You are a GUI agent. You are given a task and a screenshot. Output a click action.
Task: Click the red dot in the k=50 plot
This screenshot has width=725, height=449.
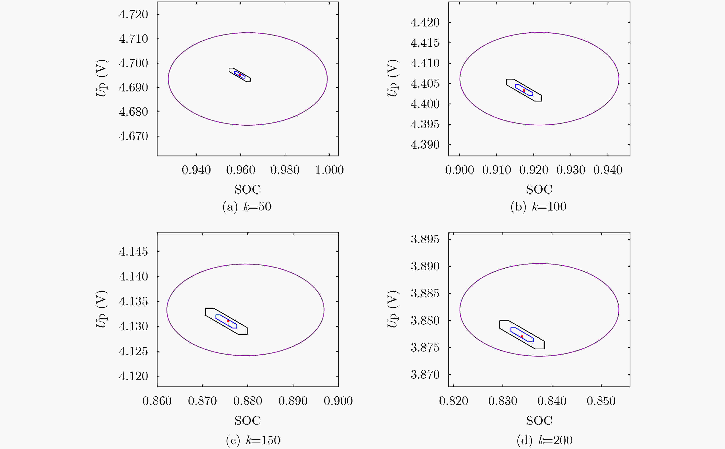(240, 75)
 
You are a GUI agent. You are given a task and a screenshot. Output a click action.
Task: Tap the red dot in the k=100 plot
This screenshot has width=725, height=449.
(524, 90)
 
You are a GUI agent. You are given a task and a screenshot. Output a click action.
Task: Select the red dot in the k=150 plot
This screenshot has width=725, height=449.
(228, 321)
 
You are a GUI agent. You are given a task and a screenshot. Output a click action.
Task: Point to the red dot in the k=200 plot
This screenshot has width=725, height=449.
(522, 336)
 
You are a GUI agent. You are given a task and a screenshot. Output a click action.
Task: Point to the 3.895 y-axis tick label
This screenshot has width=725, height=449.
(425, 239)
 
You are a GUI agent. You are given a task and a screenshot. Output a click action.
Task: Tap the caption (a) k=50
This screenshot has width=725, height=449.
(247, 207)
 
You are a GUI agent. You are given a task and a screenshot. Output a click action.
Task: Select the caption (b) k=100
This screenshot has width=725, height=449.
(538, 207)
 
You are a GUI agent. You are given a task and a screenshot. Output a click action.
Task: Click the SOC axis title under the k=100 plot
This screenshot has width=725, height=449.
(539, 189)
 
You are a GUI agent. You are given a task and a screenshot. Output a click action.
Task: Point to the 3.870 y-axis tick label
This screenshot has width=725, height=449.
(425, 375)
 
